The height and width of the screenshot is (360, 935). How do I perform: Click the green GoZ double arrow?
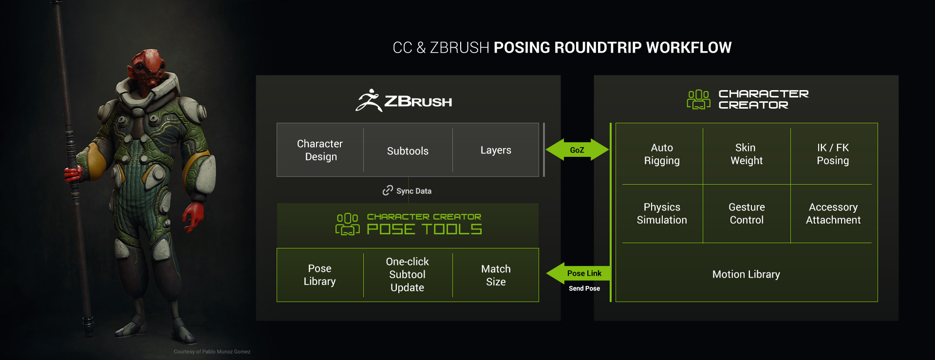[577, 150]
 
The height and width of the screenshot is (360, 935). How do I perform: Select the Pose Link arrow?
[580, 273]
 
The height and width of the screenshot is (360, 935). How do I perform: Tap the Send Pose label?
[584, 288]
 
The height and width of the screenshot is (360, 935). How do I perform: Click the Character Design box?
[320, 150]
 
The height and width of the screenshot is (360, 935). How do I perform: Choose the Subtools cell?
[408, 151]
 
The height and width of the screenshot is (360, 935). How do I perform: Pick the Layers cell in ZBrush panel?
[496, 150]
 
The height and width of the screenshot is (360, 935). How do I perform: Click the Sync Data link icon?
[388, 190]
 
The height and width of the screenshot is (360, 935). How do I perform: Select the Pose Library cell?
[319, 275]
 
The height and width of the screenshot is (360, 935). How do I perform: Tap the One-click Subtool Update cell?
[407, 275]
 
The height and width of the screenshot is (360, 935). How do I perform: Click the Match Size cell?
[496, 275]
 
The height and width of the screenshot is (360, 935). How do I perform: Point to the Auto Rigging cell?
[662, 154]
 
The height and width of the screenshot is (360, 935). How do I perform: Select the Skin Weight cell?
[746, 154]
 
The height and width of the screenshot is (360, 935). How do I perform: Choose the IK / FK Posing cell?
[833, 154]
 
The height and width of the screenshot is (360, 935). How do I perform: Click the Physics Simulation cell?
[662, 213]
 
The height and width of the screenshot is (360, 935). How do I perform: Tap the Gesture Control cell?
[747, 213]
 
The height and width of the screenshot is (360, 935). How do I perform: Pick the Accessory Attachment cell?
[833, 213]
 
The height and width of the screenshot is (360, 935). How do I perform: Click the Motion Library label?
[746, 274]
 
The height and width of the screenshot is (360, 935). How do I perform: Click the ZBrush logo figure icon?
[369, 100]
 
